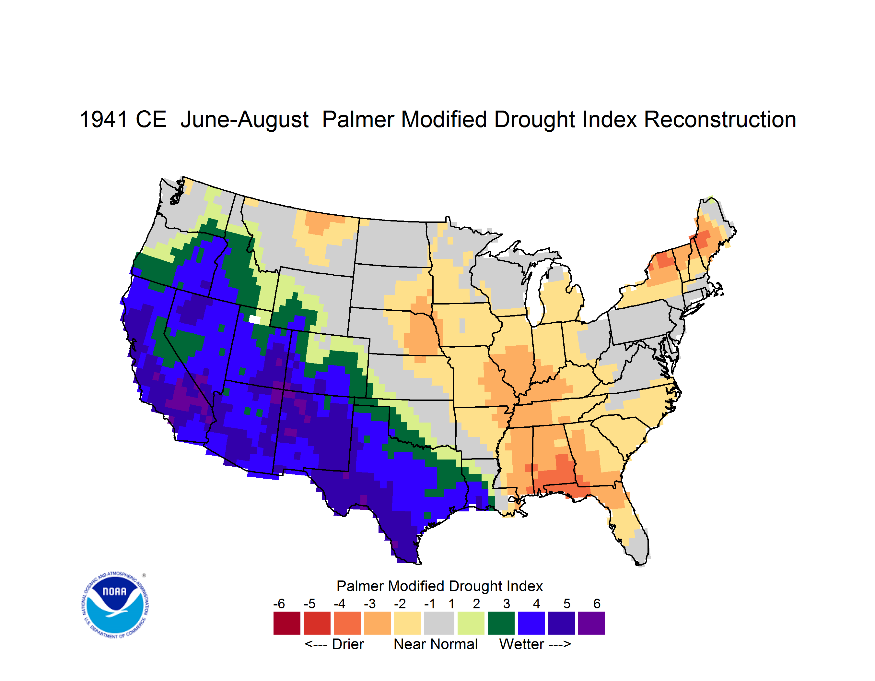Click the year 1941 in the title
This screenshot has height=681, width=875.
[103, 119]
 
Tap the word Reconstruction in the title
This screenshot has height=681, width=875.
[720, 119]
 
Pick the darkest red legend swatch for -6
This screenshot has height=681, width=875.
[287, 623]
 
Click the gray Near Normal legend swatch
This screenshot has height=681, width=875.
[439, 623]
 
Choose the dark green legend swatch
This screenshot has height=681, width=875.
[501, 623]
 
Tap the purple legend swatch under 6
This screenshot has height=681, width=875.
[591, 623]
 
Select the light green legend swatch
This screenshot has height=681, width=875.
[471, 623]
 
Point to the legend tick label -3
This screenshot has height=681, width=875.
[370, 603]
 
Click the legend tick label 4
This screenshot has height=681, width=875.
[536, 603]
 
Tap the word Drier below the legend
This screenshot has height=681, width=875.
[348, 644]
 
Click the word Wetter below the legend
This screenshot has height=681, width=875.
[522, 644]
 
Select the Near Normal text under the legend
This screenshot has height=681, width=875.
[436, 644]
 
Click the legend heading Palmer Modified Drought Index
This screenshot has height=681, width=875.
[439, 586]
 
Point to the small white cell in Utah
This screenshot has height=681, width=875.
[254, 319]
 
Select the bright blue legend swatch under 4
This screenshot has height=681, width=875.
[531, 623]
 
